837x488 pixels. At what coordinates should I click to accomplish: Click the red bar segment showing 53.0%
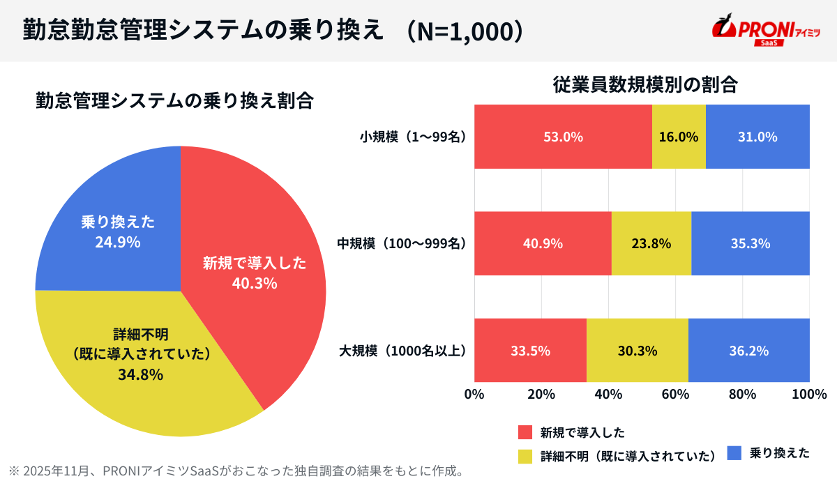[563, 137]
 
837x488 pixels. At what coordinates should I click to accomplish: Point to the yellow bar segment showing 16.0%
[679, 137]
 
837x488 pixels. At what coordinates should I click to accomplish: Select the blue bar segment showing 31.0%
[757, 137]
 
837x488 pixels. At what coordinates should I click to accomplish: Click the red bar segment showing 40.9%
[543, 244]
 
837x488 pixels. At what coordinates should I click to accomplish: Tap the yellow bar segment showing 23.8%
[651, 244]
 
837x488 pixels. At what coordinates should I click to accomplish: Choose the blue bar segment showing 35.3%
[751, 244]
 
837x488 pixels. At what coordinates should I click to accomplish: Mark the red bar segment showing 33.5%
[530, 351]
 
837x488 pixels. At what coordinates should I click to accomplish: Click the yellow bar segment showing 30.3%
[637, 351]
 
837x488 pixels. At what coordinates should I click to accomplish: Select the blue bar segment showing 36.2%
[749, 351]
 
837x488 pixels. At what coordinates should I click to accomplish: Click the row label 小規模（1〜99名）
[412, 137]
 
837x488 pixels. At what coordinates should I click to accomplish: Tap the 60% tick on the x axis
[675, 394]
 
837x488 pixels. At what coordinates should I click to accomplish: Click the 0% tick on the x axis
[474, 394]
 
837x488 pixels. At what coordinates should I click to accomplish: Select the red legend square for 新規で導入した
[525, 432]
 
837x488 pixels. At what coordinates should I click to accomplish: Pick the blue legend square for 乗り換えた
[734, 453]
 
